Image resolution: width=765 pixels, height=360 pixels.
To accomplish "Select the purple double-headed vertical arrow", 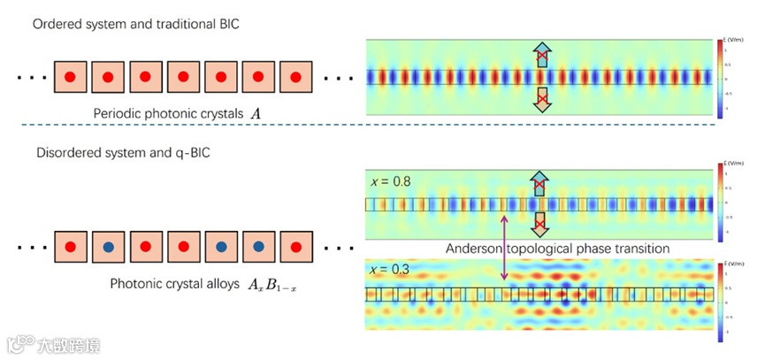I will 505,250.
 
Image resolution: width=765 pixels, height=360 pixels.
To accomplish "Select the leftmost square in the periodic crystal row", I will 70,78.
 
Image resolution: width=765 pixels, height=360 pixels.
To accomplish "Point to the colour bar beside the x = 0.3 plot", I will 723,295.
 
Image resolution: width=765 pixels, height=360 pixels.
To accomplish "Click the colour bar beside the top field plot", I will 723,79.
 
